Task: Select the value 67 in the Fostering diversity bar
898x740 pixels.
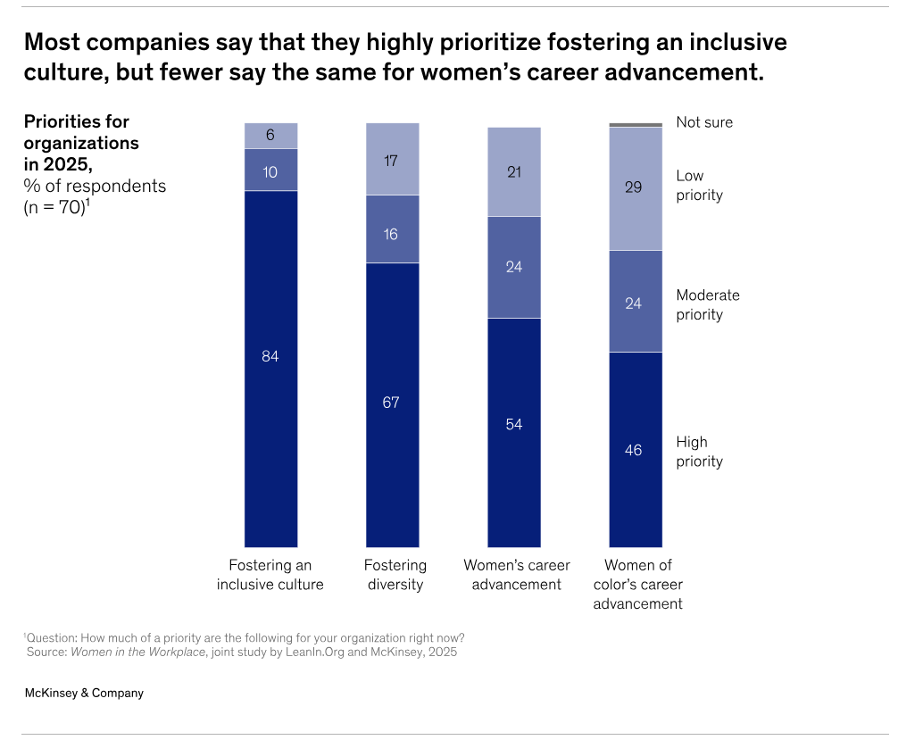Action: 392,403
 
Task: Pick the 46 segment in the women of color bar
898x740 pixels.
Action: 635,449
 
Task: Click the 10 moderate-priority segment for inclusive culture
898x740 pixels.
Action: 270,170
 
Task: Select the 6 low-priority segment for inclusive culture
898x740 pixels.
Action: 270,136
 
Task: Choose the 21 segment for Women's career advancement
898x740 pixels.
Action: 513,171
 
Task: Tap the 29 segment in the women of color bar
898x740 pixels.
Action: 635,188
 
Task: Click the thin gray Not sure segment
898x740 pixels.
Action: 635,125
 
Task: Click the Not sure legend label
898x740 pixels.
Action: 704,122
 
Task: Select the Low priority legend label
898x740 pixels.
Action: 699,186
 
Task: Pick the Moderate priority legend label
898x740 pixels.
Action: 708,304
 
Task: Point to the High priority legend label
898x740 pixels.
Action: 699,452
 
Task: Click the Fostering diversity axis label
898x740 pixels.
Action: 395,575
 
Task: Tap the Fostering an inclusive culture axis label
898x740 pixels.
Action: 270,575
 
